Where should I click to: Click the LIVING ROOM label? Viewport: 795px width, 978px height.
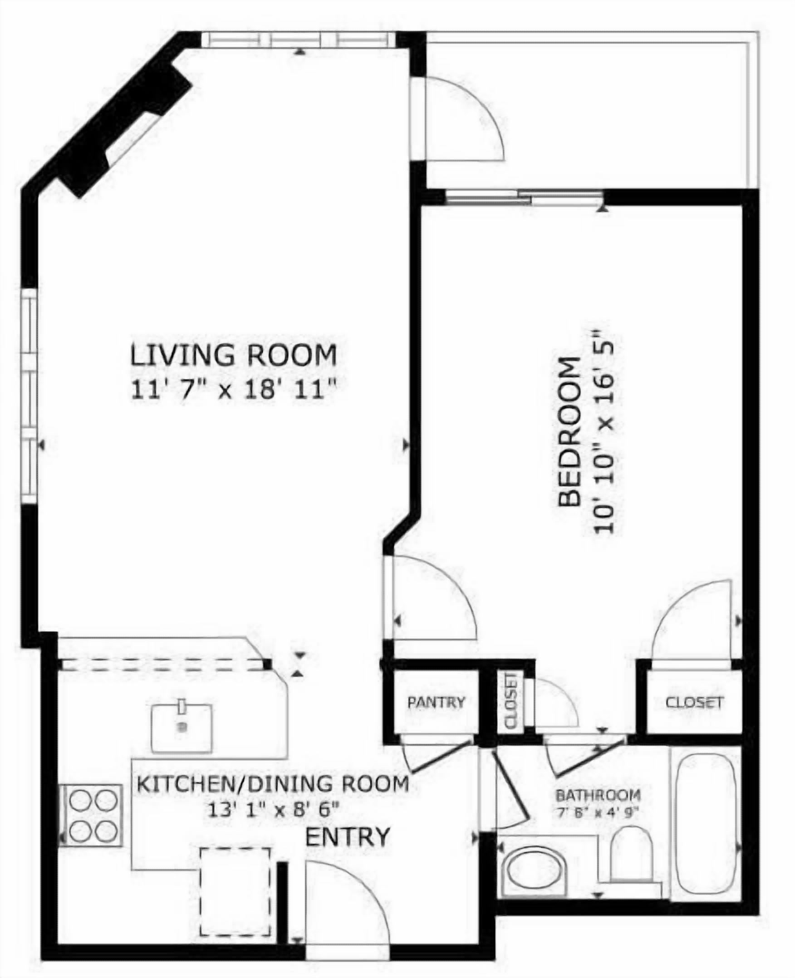[x=234, y=356]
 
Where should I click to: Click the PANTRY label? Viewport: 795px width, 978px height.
[x=436, y=702]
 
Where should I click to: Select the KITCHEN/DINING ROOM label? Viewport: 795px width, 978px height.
[x=273, y=784]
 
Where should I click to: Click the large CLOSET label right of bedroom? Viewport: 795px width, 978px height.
[x=694, y=702]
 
